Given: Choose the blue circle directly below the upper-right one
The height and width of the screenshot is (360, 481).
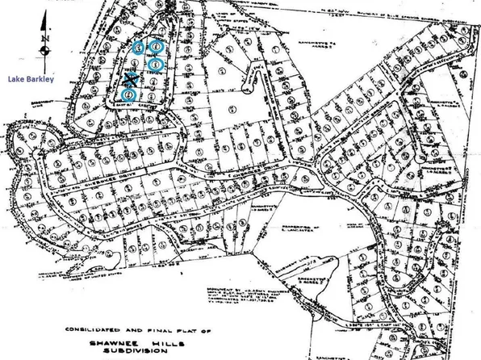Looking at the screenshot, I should point(157,63).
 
